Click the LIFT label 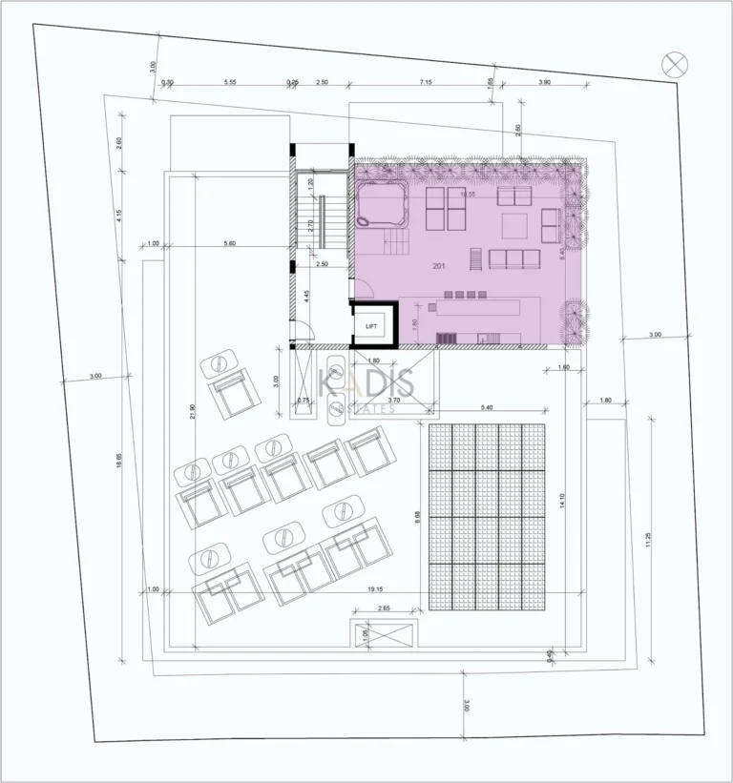point(371,326)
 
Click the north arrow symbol point(675,64)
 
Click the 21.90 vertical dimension point(193,410)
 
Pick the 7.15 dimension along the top point(425,83)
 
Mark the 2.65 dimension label point(384,608)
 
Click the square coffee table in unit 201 point(513,226)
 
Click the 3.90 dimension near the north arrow point(544,83)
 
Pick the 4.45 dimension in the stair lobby point(305,296)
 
